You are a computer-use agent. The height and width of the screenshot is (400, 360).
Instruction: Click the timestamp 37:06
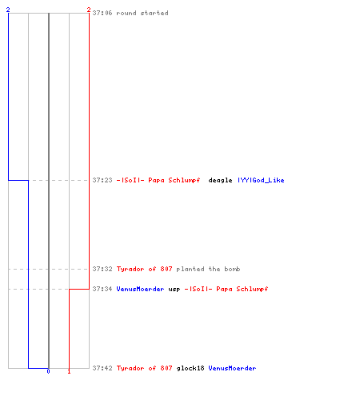click(x=102, y=13)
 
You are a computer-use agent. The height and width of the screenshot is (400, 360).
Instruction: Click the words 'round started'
click(x=142, y=13)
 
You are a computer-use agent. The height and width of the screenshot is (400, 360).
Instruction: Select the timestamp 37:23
click(x=102, y=180)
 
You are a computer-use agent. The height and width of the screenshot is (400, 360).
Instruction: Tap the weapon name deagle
click(x=220, y=181)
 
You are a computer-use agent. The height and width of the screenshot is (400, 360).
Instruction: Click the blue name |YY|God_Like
click(x=261, y=180)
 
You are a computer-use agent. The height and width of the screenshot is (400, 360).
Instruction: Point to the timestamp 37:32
click(x=102, y=269)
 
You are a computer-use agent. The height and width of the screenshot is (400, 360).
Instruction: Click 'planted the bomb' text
click(x=208, y=269)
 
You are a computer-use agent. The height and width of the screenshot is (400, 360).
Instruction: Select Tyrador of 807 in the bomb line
click(x=144, y=269)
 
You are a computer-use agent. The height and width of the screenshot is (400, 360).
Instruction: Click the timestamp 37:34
click(x=102, y=289)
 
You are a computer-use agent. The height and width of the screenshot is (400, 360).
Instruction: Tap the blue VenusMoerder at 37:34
click(x=140, y=289)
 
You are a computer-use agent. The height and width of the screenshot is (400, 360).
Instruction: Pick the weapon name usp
click(x=174, y=290)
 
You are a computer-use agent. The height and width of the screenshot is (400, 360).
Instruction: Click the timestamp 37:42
click(x=102, y=368)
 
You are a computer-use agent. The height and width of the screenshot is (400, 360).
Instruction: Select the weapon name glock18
click(x=190, y=369)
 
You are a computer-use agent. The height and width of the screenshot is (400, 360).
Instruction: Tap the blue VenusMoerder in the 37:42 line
click(x=232, y=368)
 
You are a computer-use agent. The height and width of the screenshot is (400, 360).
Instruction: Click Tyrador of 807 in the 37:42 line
click(x=144, y=368)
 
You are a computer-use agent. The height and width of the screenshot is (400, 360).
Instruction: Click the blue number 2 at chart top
click(x=8, y=10)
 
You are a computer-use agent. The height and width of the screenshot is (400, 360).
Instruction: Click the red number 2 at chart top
click(x=89, y=10)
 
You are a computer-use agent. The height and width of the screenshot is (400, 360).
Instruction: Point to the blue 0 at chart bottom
click(x=48, y=371)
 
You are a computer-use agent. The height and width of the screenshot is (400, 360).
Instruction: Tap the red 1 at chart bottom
click(x=69, y=371)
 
